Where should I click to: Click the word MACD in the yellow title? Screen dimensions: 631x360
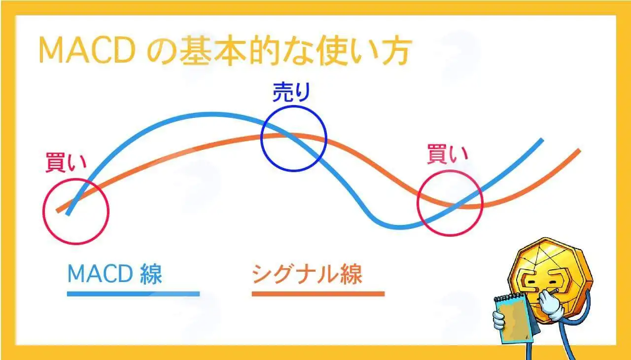point(87,50)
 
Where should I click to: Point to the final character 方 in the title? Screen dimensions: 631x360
point(395,50)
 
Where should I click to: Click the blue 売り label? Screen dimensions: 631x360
point(291,92)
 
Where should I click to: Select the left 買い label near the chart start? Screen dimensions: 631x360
point(66,162)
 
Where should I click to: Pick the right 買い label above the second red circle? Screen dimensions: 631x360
point(448,154)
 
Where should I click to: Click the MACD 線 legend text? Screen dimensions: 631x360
point(115,274)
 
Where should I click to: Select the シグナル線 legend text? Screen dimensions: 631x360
point(307,274)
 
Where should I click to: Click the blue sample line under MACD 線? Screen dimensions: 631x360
point(133,294)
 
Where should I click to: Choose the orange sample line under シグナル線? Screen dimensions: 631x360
point(318,294)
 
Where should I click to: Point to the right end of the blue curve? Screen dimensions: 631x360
point(541,140)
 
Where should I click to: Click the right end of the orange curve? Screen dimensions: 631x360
point(579,150)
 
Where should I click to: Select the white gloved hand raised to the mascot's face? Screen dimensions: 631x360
point(549,305)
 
